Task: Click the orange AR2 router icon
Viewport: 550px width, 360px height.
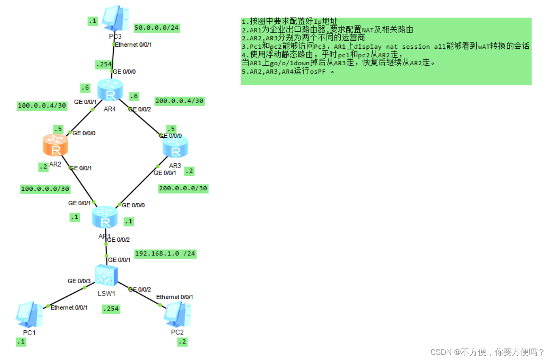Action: tap(55, 145)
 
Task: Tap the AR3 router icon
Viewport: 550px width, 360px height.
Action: tap(175, 147)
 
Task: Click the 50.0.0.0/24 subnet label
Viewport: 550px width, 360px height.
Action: tap(157, 28)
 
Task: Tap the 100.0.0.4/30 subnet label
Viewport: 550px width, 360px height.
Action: tap(42, 106)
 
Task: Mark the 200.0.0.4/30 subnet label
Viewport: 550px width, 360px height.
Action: tap(180, 101)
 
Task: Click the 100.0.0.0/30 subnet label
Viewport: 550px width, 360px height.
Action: tap(45, 189)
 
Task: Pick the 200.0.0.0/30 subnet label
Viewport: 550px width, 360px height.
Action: tap(183, 188)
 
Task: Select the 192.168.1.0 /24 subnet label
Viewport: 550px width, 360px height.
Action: tap(165, 254)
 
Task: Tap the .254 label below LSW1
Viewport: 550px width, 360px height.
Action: tap(111, 309)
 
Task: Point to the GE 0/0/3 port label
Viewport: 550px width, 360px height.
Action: tap(79, 281)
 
